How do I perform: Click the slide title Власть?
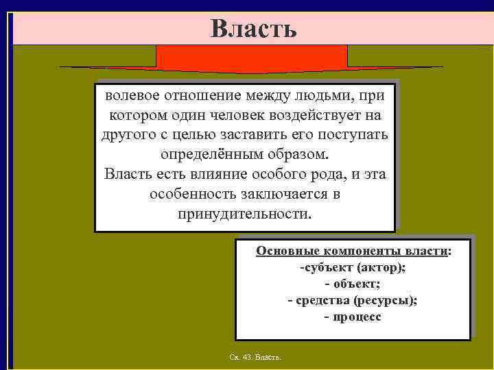[x=253, y=28]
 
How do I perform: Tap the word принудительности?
[x=244, y=214]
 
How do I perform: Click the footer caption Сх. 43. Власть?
[x=259, y=358]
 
